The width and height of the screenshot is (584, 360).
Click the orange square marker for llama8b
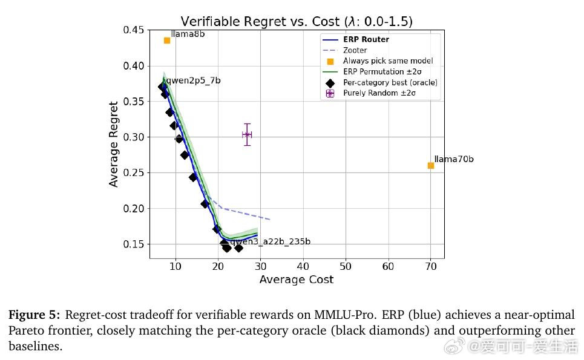tap(167, 41)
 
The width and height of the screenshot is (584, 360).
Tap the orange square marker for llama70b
tap(431, 165)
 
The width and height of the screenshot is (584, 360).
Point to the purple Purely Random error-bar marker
tap(246, 134)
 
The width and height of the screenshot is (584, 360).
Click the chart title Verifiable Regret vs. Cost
tap(297, 21)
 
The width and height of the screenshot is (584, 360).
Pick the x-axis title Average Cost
tap(297, 280)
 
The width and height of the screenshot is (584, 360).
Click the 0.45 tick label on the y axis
tap(133, 30)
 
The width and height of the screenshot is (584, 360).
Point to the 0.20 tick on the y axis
tap(133, 209)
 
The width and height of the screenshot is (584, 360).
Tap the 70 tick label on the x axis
tap(431, 267)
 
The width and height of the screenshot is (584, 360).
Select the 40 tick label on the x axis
tap(303, 267)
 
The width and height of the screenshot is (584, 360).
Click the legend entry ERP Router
tap(366, 40)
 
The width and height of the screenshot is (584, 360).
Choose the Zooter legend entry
tap(355, 50)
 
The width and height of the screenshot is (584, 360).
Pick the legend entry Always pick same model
tap(388, 61)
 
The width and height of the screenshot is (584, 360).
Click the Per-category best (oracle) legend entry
tap(390, 82)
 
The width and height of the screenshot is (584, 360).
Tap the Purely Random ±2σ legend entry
tap(379, 93)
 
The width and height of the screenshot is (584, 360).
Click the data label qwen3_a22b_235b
tap(271, 241)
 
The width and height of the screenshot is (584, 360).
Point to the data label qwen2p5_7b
tap(194, 80)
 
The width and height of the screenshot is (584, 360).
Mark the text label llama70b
tap(454, 159)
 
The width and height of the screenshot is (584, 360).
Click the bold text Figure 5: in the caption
tap(34, 315)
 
